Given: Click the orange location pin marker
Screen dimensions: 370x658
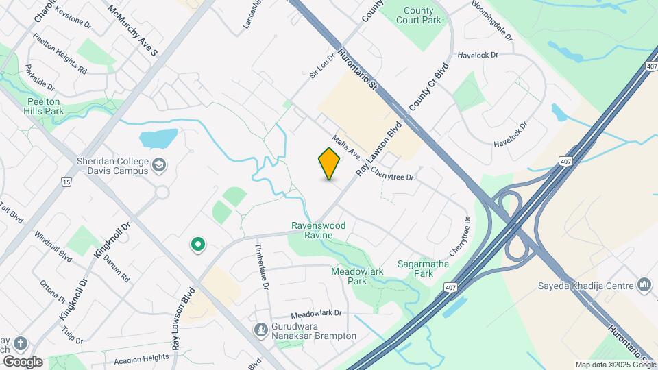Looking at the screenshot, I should tap(329, 164).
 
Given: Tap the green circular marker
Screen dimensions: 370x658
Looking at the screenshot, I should tap(198, 244).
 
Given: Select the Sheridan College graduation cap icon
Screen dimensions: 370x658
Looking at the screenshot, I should tap(159, 164).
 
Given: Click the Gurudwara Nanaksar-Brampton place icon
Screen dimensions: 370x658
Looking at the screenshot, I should tap(260, 330).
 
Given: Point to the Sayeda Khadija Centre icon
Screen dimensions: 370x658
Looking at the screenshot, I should tap(644, 283).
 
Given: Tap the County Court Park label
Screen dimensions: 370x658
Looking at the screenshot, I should tap(418, 16).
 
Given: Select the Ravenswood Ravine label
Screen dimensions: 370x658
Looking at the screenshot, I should tap(319, 230).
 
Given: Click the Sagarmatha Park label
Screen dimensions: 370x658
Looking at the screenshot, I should tap(415, 269).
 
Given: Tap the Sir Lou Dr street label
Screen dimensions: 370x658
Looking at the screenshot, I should tap(321, 66).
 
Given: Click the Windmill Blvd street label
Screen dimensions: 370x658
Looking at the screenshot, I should tap(56, 246).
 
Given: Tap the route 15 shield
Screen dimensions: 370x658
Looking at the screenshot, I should tap(66, 182).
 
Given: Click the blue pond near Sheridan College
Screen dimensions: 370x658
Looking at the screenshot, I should tap(158, 138).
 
